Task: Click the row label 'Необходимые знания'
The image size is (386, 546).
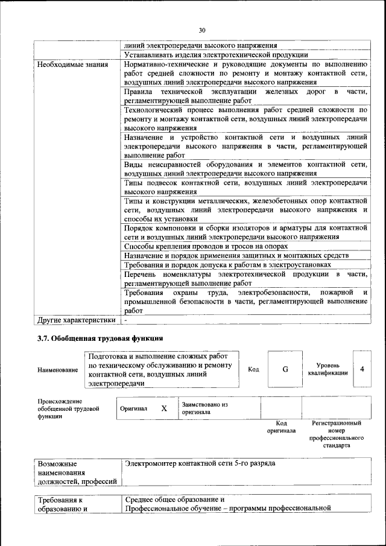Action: tap(73, 64)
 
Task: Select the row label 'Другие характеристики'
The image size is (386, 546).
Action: tap(76, 320)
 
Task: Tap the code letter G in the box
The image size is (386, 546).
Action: tap(285, 369)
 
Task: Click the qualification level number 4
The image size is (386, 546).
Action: tap(362, 369)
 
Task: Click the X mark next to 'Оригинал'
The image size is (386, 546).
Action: tap(163, 408)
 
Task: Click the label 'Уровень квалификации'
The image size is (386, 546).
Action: tap(327, 369)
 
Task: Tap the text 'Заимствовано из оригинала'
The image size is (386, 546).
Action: tap(204, 408)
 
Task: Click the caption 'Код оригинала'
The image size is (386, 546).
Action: tap(281, 427)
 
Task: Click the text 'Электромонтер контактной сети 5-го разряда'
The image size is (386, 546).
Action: tap(200, 464)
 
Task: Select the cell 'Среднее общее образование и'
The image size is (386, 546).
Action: tap(176, 500)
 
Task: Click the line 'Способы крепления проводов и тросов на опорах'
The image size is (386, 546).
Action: tap(206, 246)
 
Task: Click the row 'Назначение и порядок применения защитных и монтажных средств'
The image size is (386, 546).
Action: tap(236, 255)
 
